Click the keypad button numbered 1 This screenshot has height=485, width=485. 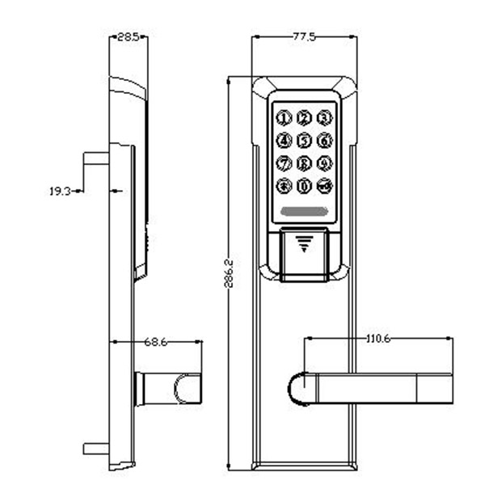(284, 118)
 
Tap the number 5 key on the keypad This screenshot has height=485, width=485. (304, 141)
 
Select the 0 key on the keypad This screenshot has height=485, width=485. (304, 187)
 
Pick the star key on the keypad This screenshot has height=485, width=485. (284, 187)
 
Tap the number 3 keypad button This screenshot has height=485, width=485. (324, 118)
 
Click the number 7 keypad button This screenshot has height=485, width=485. (284, 163)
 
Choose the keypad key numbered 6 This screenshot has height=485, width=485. (324, 141)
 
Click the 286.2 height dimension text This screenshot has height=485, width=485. (229, 275)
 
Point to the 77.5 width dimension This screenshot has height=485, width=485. (304, 36)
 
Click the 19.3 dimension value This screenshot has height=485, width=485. (61, 192)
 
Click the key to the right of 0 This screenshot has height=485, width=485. (324, 187)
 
